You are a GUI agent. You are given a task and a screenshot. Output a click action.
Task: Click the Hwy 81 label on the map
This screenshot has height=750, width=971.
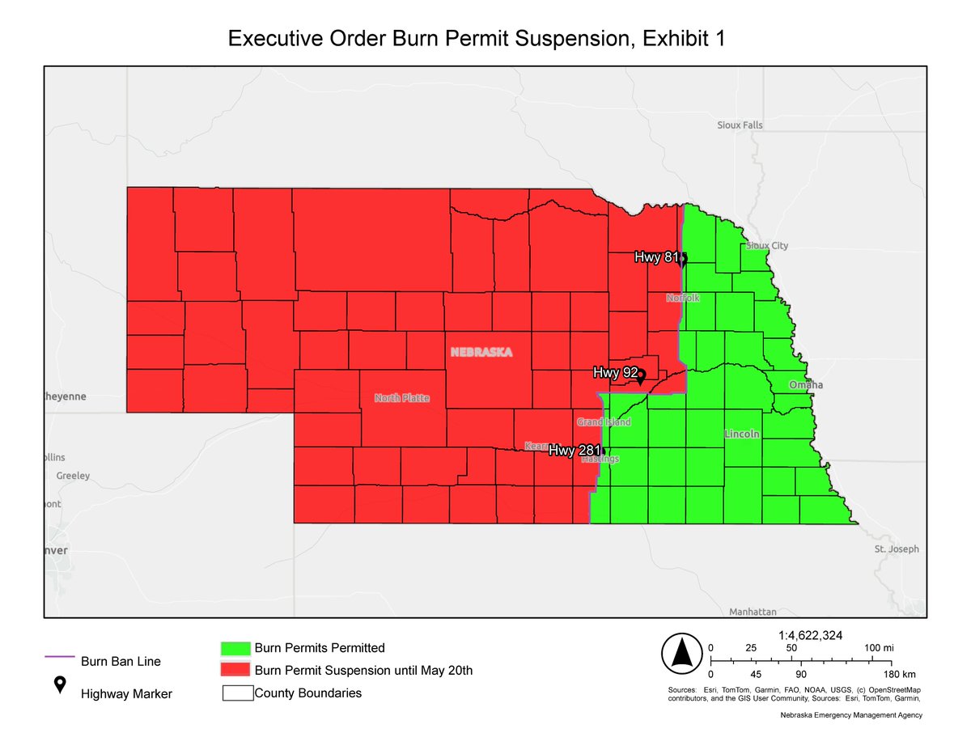pyautogui.click(x=656, y=258)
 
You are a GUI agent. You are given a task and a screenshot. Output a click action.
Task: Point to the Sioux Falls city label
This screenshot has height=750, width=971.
pyautogui.click(x=740, y=125)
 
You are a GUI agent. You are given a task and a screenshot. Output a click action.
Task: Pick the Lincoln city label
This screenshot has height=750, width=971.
pyautogui.click(x=742, y=434)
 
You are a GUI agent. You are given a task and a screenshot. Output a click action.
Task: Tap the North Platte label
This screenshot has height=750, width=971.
pyautogui.click(x=401, y=398)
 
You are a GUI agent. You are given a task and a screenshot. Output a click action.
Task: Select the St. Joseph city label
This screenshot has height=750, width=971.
pyautogui.click(x=897, y=549)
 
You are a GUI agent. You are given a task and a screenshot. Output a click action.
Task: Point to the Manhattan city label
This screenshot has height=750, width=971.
pyautogui.click(x=753, y=612)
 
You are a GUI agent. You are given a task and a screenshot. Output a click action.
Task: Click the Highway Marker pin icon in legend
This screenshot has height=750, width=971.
pyautogui.click(x=59, y=685)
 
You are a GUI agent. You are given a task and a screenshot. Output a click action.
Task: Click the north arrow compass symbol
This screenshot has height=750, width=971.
pyautogui.click(x=681, y=654)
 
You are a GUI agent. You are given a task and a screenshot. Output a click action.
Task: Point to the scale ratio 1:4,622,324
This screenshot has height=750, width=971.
pyautogui.click(x=810, y=636)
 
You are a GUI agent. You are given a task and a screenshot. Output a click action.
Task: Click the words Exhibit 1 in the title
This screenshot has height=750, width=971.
pyautogui.click(x=677, y=39)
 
